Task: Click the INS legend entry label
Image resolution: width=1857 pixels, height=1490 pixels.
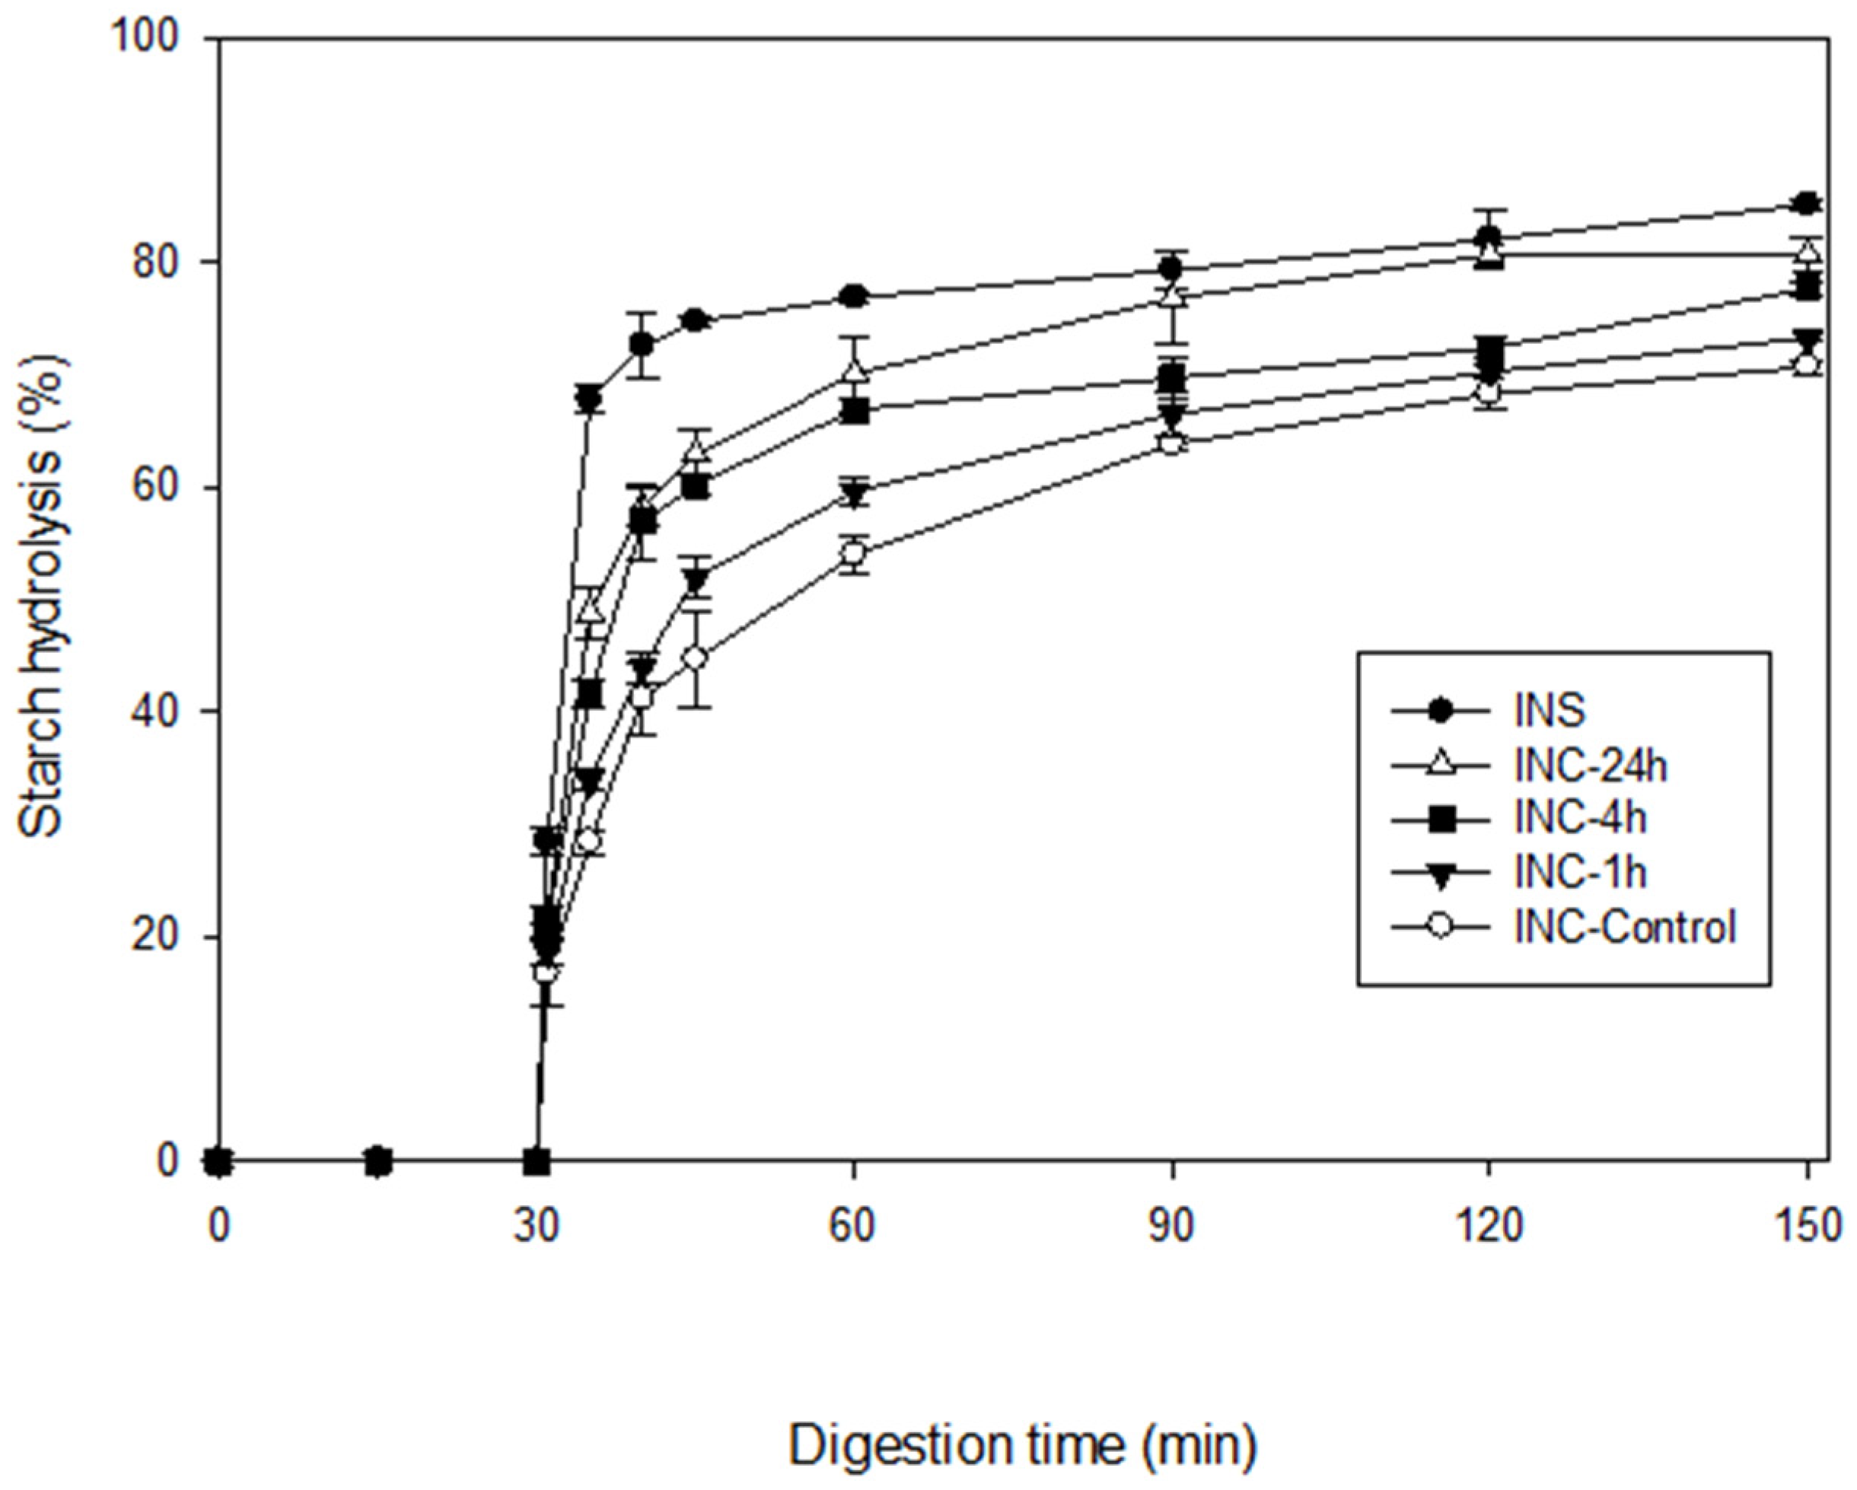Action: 1550,711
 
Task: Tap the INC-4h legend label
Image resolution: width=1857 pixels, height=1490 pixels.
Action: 1581,818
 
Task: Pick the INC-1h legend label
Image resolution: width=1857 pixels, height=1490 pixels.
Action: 1581,873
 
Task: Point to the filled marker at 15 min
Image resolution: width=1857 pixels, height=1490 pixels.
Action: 379,1162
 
